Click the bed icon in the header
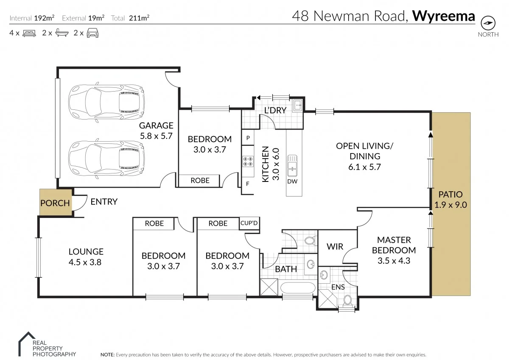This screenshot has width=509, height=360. click(x=29, y=33)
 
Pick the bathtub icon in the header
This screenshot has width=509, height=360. click(x=62, y=33)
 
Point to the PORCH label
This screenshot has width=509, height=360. click(x=55, y=203)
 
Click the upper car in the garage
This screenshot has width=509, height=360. click(x=106, y=102)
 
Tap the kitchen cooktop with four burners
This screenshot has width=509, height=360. click(x=247, y=162)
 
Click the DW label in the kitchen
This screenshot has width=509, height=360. click(x=292, y=181)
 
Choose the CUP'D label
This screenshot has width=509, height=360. click(x=249, y=223)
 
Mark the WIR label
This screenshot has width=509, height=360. click(x=335, y=246)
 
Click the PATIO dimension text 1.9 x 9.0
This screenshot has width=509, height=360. click(x=450, y=205)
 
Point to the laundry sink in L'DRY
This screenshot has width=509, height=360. click(x=297, y=104)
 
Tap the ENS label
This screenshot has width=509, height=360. click(x=338, y=287)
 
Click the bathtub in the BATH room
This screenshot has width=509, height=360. click(x=298, y=289)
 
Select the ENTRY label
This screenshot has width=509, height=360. click(x=104, y=202)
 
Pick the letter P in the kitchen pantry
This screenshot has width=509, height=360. click(x=247, y=138)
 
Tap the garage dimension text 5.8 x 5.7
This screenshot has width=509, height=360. click(x=157, y=136)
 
